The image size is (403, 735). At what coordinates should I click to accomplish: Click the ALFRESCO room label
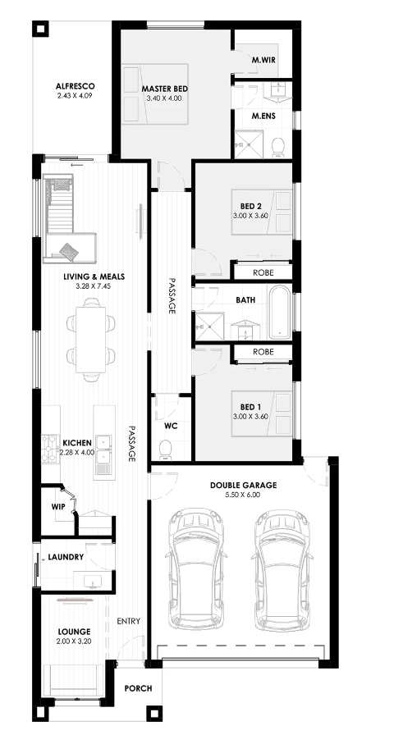click(75, 86)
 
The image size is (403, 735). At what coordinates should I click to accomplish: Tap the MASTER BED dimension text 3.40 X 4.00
click(163, 98)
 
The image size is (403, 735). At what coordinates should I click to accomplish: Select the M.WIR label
click(263, 60)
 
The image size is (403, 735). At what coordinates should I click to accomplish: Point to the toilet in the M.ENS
click(277, 147)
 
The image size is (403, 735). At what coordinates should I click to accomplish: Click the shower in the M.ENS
click(250, 144)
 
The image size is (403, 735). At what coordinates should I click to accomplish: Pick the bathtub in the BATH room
click(280, 312)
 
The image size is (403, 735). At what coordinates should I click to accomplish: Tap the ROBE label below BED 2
click(263, 272)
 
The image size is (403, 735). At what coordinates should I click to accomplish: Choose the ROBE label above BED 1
click(263, 352)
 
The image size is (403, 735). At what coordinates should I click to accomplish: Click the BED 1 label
click(250, 407)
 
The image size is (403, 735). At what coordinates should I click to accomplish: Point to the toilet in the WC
click(166, 449)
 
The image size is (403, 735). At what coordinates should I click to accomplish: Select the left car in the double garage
click(195, 569)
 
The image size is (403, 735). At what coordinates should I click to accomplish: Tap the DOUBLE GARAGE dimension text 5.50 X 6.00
click(243, 495)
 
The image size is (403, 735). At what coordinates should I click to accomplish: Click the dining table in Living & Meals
click(91, 340)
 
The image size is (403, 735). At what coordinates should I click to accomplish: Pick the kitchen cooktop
click(48, 449)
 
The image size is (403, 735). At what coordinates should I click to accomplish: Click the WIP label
click(58, 507)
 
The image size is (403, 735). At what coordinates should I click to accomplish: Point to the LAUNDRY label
click(66, 557)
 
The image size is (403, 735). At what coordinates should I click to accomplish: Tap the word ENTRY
click(129, 621)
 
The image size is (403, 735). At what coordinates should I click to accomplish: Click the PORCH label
click(139, 688)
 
